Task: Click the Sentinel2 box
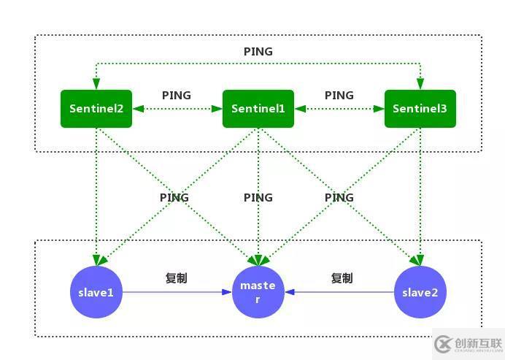click(96, 109)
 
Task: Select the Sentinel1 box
click(258, 109)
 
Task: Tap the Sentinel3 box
click(420, 109)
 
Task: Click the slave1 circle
click(96, 293)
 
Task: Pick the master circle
click(258, 293)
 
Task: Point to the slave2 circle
click(420, 293)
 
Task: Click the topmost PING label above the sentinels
click(258, 52)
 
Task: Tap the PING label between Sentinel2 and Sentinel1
click(177, 96)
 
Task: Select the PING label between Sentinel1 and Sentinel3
click(339, 96)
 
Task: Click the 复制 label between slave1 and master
click(177, 278)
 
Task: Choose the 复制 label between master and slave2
click(342, 278)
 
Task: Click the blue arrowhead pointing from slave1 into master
click(228, 293)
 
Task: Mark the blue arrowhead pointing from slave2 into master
click(289, 293)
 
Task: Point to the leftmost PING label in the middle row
click(174, 198)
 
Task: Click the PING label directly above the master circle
click(258, 198)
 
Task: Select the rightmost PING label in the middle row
click(339, 198)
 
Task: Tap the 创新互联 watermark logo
click(467, 343)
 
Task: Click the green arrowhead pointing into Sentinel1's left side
click(217, 109)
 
